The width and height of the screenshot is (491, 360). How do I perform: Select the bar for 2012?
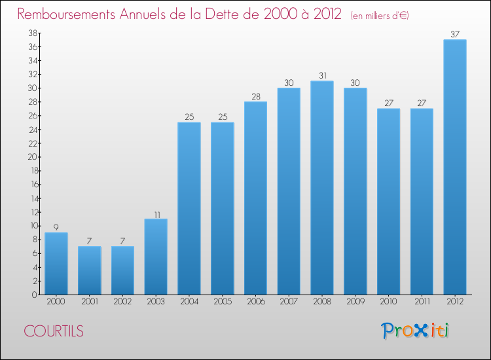tap(455, 167)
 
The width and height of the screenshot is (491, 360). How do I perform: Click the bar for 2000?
tap(56, 263)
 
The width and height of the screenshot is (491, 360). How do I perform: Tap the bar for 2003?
tap(156, 257)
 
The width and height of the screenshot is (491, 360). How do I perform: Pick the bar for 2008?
tap(322, 188)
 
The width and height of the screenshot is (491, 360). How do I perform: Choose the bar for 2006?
tap(255, 198)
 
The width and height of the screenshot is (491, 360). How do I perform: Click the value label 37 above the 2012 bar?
tap(455, 34)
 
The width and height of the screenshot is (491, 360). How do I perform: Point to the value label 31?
tap(322, 75)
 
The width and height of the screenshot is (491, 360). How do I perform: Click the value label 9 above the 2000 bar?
tap(56, 227)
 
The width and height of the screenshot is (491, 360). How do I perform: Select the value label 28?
tap(255, 96)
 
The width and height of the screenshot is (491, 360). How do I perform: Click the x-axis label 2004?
tap(189, 301)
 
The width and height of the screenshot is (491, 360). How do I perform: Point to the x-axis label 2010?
tap(388, 301)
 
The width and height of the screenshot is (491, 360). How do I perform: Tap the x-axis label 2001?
tap(90, 301)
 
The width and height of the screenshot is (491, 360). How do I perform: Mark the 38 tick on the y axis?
tap(31, 33)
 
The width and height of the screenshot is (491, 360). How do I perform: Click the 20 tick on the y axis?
tap(31, 157)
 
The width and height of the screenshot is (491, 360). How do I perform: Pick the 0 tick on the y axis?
tap(33, 295)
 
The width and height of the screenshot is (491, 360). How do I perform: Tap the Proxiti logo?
tap(415, 331)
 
